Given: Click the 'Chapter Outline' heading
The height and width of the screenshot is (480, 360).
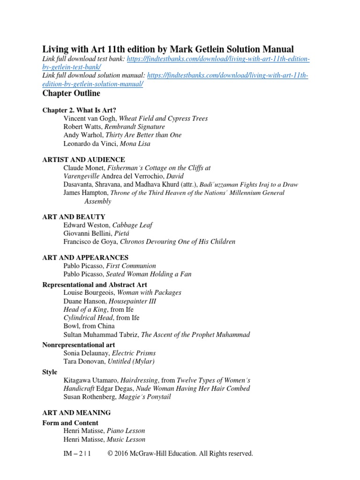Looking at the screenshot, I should [x=71, y=93].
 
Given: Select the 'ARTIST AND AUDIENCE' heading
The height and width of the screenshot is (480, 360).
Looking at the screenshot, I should [x=83, y=159].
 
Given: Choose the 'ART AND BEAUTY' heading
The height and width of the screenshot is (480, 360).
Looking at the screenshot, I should [x=74, y=217].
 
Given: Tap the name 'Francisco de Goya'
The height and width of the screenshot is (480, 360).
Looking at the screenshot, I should [x=91, y=242].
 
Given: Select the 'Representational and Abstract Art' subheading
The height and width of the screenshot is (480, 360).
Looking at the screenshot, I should [x=95, y=285].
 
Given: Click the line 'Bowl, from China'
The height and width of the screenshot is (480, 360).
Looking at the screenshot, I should [x=89, y=326].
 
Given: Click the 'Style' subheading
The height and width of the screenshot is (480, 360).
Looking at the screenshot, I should [x=50, y=372].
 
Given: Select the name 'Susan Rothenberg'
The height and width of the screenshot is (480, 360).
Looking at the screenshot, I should [x=91, y=397].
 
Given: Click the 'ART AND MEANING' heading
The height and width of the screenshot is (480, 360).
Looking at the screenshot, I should [x=76, y=412].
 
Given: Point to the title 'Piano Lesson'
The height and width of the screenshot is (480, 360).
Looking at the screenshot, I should [x=126, y=431].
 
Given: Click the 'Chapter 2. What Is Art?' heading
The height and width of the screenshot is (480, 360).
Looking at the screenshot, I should [x=79, y=110].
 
